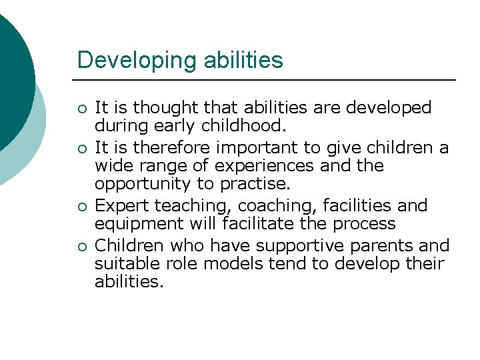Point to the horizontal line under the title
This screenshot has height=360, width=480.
(267, 80)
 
